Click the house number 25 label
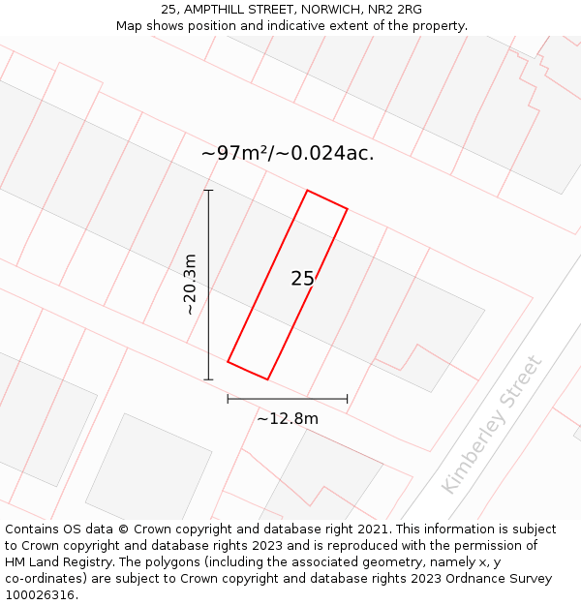click(302, 279)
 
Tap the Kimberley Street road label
click(493, 424)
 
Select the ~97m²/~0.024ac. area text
click(288, 153)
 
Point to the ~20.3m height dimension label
click(190, 285)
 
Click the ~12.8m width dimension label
click(288, 418)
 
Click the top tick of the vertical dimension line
click(208, 191)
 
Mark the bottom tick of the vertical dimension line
click(208, 379)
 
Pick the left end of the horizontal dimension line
click(228, 398)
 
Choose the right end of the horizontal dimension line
click(347, 398)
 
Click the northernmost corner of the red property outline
click(307, 191)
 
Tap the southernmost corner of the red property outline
click(267, 379)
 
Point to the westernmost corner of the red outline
click(228, 362)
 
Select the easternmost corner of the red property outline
click(347, 208)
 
